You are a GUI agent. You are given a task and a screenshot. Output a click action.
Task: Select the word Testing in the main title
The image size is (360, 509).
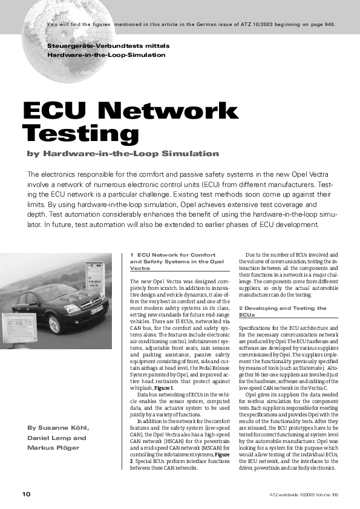pos(80,132)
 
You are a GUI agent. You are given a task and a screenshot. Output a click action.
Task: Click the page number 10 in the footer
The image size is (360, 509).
pos(26,494)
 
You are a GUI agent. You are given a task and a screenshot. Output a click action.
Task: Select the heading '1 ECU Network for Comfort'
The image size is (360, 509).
pos(172,255)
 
